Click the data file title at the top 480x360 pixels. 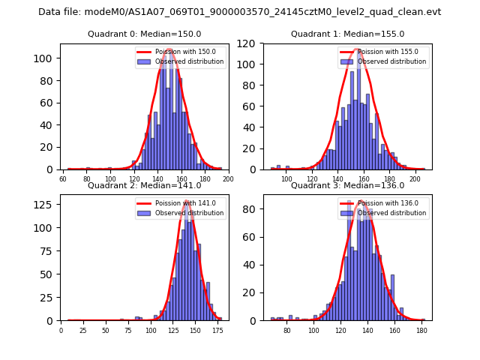point(240,12)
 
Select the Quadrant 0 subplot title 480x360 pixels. point(144,34)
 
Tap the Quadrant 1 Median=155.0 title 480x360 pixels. point(347,34)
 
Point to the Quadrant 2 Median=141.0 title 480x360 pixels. point(144,185)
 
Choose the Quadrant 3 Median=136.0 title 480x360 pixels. point(347,185)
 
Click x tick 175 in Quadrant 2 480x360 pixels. point(218,331)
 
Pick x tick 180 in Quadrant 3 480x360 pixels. point(422,331)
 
